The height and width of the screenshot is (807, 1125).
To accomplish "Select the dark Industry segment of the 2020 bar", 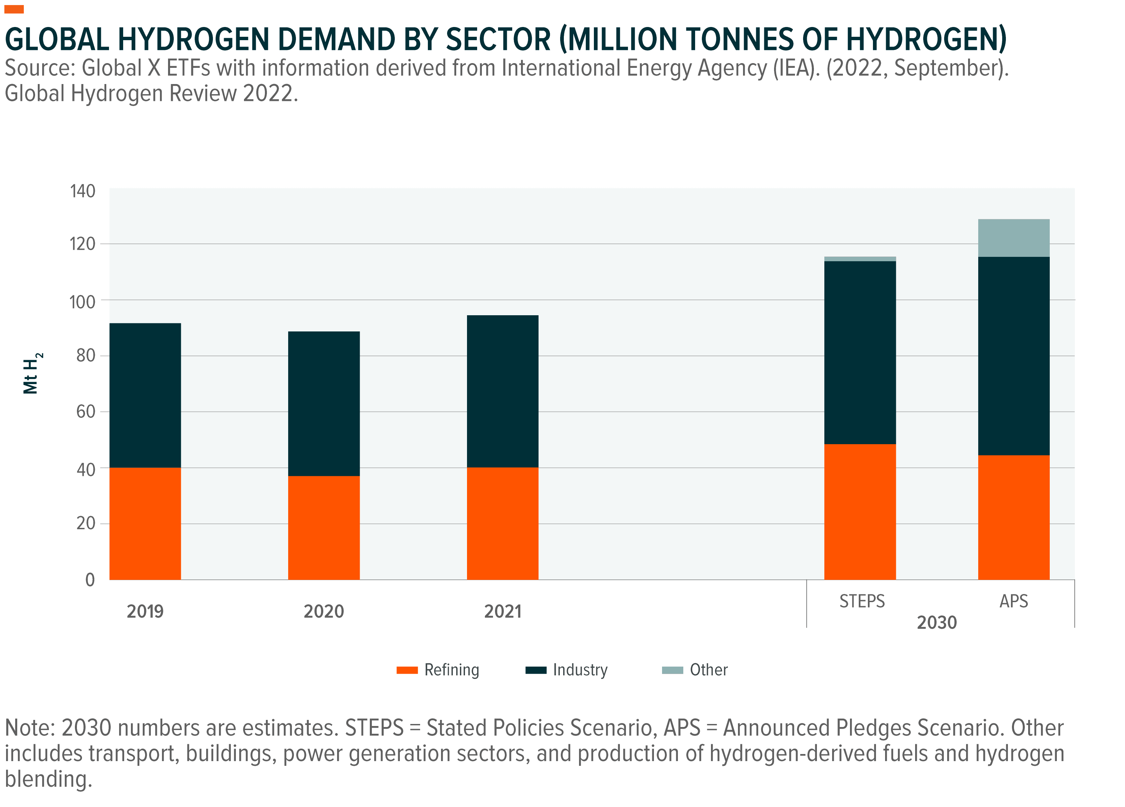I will [x=324, y=403].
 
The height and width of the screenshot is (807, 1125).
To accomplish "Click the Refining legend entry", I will [x=438, y=670].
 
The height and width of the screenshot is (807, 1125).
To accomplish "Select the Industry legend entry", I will [x=567, y=670].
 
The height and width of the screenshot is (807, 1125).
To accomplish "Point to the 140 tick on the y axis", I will [x=83, y=191].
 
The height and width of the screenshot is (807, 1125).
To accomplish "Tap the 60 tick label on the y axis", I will [x=85, y=412].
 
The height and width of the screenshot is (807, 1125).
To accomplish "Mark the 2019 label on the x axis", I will [x=145, y=612].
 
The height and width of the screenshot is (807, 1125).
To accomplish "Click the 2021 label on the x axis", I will [x=502, y=612].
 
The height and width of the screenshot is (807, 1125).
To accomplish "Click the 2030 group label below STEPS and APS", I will [x=936, y=622].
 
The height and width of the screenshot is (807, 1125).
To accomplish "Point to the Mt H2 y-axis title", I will [x=32, y=373].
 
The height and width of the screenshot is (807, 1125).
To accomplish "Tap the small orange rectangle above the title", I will [x=14, y=9].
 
